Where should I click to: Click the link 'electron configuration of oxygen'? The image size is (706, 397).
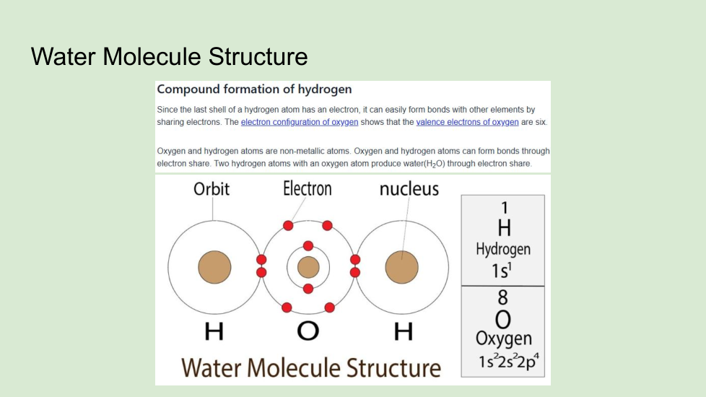tap(300, 122)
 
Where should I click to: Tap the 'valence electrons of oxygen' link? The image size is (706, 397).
tap(467, 122)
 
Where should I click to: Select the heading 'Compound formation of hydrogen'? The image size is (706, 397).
tap(254, 89)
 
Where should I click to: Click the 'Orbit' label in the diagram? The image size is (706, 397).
tap(212, 188)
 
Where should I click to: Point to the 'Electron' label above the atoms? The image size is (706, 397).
tap(307, 188)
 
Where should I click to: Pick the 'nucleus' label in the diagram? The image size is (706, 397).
tap(409, 189)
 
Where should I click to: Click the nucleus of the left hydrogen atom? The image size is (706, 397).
tap(215, 267)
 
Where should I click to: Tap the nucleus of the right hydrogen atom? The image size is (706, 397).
tap(401, 267)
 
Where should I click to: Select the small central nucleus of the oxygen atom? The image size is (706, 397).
tap(308, 267)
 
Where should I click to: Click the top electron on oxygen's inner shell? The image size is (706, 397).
tap(308, 245)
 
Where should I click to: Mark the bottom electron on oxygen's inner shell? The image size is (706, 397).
tap(308, 289)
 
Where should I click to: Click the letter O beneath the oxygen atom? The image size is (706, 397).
tap(308, 331)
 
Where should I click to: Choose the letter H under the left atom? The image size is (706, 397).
tap(214, 332)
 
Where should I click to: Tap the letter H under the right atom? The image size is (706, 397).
tap(404, 332)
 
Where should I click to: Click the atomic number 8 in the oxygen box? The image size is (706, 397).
tap(503, 297)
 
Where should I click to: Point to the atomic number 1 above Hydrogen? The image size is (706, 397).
tap(505, 207)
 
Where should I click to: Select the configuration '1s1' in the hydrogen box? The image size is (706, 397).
tap(502, 270)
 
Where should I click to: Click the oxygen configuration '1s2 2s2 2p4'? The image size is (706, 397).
tap(508, 361)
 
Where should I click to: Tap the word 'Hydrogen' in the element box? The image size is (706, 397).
tap(503, 249)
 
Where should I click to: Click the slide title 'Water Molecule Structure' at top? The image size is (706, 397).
tap(170, 57)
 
